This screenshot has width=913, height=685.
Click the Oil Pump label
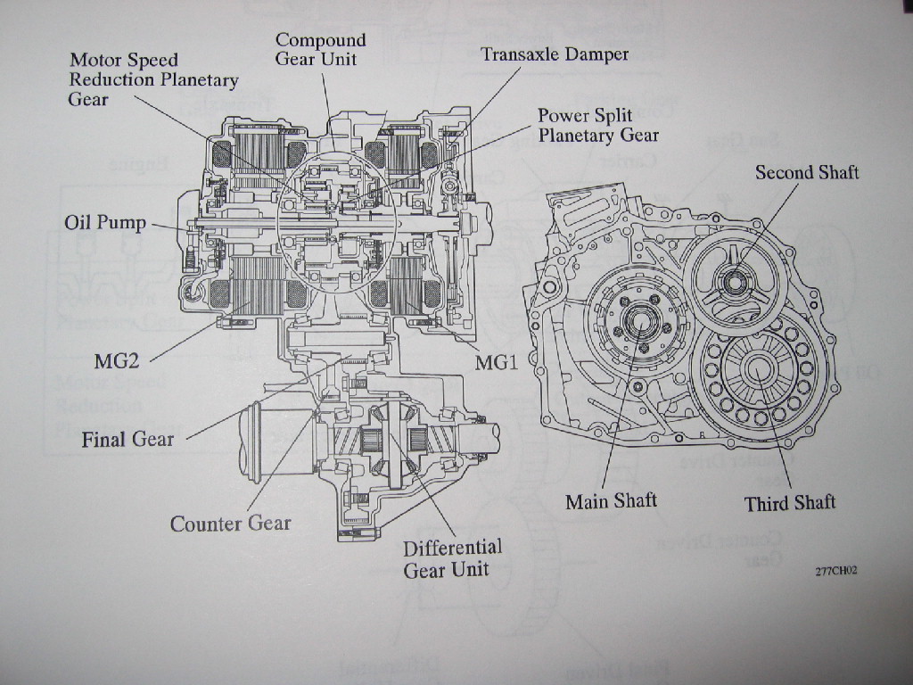pos(104,221)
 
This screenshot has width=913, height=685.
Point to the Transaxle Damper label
pos(555,54)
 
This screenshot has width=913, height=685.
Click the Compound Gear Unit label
pos(320,49)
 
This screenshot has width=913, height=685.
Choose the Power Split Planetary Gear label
pos(597,126)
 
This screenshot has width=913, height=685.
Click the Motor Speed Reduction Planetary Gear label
pos(153,79)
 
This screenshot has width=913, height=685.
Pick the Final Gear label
pos(127,439)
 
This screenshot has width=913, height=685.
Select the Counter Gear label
pos(230,524)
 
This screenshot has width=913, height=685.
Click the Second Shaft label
pos(807,172)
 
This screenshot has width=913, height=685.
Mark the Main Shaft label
pos(611,501)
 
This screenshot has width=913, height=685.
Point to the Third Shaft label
pos(790,503)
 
